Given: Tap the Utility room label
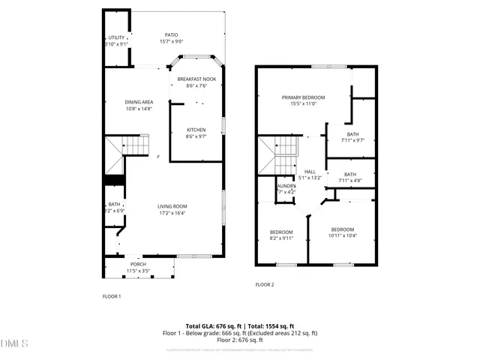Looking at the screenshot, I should click(x=116, y=37).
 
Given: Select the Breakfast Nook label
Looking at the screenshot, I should click(x=196, y=79).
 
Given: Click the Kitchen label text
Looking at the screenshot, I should click(x=196, y=130).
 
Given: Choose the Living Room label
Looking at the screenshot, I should click(x=172, y=206).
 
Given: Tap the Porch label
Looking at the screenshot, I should click(x=138, y=264).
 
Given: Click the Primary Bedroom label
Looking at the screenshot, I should click(x=303, y=97).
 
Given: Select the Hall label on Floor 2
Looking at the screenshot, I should click(x=310, y=172).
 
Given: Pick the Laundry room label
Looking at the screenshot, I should click(x=286, y=186).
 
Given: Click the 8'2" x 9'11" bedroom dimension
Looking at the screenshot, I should click(x=281, y=239).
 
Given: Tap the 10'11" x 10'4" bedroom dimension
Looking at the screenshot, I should click(x=342, y=236).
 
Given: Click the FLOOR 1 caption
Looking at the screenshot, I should click(x=112, y=296).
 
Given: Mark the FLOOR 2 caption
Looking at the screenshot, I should click(x=265, y=285).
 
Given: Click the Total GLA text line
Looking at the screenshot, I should click(x=240, y=326).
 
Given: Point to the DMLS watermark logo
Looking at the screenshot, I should click(x=14, y=344).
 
